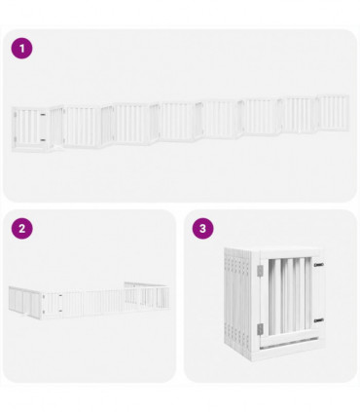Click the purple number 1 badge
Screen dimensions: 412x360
(x=22, y=48)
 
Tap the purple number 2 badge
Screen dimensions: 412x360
(x=22, y=229)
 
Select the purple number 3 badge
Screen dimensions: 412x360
(x=202, y=229)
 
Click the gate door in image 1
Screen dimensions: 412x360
(x=31, y=127)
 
